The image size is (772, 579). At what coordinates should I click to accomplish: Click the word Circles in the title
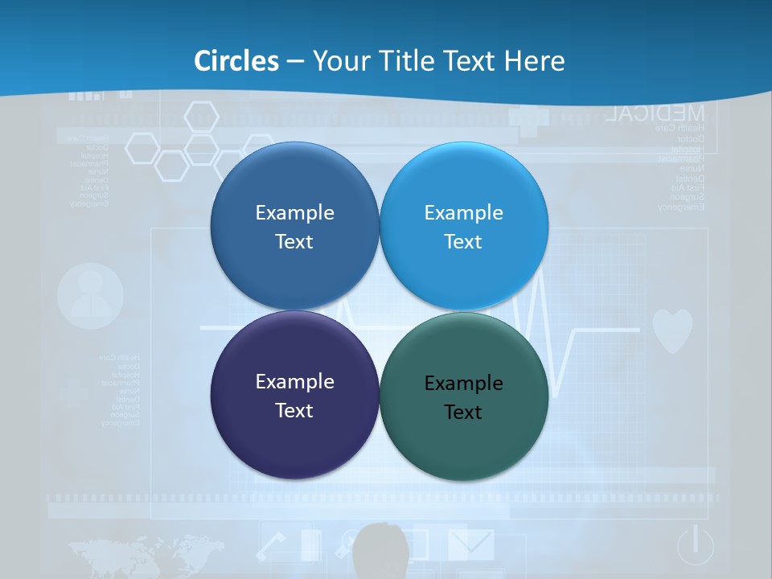click(x=236, y=61)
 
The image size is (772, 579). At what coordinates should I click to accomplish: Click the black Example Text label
click(x=463, y=397)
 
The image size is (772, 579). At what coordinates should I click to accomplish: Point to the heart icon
click(x=671, y=331)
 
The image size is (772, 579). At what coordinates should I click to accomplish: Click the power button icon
click(x=695, y=544)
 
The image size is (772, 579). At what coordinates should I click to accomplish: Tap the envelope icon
click(x=470, y=544)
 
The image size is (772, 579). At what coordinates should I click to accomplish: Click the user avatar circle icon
click(x=91, y=296)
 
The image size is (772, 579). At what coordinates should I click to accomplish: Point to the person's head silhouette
click(x=381, y=547)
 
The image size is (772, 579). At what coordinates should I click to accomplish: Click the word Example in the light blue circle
click(x=463, y=212)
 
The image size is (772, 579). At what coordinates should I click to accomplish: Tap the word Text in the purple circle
click(x=294, y=410)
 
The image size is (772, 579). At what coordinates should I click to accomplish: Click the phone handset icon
click(x=271, y=547)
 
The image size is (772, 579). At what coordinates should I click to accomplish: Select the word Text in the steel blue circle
click(x=294, y=241)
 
